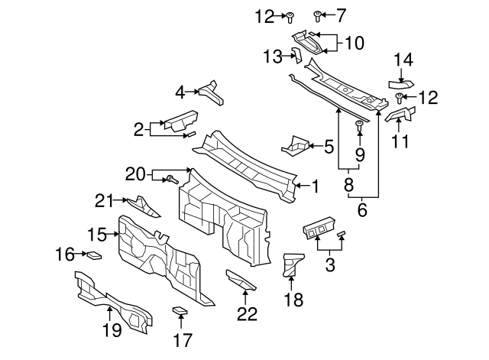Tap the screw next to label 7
[x=318, y=15]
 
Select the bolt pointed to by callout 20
[x=172, y=180]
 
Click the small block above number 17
[x=180, y=310]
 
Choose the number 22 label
[x=246, y=313]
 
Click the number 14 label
[x=403, y=60]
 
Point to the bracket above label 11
[x=400, y=115]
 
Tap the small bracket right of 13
[x=300, y=55]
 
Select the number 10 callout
[x=354, y=44]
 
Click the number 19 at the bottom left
[x=112, y=330]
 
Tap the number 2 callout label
[x=138, y=129]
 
